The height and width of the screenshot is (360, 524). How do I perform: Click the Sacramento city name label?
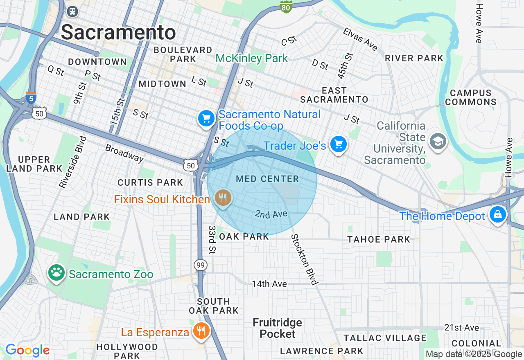point(118,32)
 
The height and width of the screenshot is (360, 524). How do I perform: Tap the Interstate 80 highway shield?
point(286,6)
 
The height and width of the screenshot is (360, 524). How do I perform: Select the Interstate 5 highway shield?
point(31,98)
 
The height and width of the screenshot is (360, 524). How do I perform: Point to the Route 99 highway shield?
point(201,265)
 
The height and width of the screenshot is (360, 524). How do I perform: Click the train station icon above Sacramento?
point(72,11)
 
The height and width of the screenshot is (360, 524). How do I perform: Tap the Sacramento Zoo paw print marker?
point(56,272)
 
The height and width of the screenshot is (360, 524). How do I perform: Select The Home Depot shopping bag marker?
point(497,214)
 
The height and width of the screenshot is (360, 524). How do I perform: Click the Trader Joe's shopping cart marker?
point(338,144)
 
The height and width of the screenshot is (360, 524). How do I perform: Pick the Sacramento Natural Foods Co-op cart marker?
point(206,119)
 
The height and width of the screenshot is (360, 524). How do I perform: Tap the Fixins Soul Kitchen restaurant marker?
point(223,198)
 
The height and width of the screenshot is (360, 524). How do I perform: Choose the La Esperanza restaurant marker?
point(201,331)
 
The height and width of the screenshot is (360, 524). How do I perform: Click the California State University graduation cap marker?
point(438,142)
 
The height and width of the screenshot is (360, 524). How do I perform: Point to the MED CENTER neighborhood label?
point(267,179)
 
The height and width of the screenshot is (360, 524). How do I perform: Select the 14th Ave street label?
point(269,283)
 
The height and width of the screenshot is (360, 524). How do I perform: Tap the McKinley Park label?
point(252,59)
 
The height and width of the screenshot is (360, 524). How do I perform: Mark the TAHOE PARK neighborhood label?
point(379,239)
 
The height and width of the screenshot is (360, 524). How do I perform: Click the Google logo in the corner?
point(27,350)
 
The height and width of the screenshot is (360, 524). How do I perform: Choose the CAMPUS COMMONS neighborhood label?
point(471,98)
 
